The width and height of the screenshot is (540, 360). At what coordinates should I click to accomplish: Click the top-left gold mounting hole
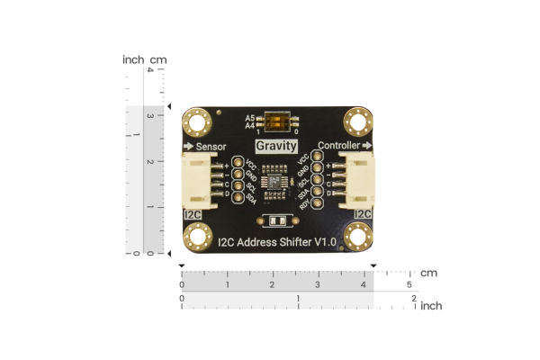[x=196, y=121]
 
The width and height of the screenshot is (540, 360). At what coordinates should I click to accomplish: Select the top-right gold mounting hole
[x=358, y=121]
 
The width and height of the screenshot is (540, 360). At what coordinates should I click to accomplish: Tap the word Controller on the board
[x=340, y=145]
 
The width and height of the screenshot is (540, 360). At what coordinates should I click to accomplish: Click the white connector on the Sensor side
[x=197, y=180]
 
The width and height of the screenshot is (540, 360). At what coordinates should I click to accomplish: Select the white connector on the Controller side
[x=356, y=180]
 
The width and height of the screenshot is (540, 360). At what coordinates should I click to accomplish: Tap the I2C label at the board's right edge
[x=363, y=214]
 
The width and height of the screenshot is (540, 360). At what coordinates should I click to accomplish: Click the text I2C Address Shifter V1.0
[x=277, y=241]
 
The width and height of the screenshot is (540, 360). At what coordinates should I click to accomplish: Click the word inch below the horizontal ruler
[x=430, y=306]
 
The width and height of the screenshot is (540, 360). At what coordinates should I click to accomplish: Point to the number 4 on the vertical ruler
[x=149, y=70]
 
